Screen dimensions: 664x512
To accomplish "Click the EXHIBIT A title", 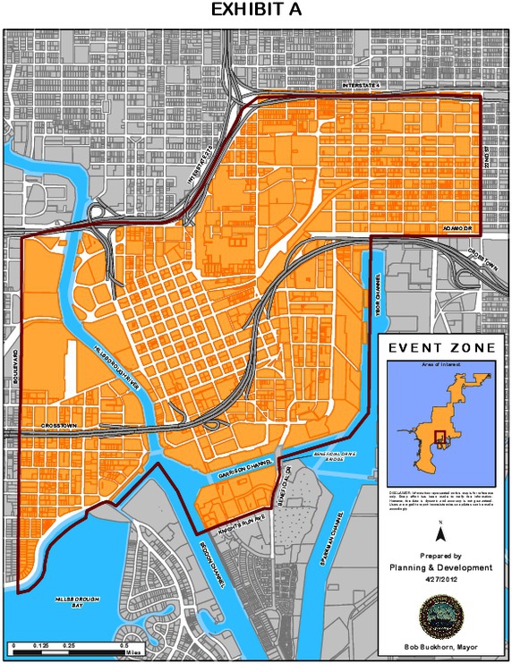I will (x=255, y=11).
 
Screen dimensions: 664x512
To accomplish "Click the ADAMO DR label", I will (x=457, y=228).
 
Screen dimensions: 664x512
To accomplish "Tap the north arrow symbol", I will (x=441, y=534).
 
